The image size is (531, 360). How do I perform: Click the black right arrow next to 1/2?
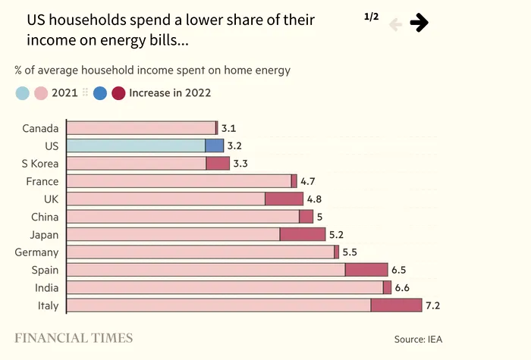(419, 23)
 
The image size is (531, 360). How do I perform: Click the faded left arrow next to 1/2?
(395, 24)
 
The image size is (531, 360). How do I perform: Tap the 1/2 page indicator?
(371, 17)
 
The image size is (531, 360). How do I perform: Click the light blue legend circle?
(23, 93)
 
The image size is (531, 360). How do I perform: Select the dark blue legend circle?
(100, 93)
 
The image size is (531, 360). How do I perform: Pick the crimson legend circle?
(118, 93)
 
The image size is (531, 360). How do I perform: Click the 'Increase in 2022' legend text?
(170, 93)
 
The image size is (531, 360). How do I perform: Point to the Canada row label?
(40, 128)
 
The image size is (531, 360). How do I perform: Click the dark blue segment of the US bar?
(214, 146)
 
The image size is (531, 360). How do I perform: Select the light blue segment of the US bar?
(136, 146)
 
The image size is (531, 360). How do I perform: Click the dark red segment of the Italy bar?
(396, 305)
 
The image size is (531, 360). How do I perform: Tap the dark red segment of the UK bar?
(284, 199)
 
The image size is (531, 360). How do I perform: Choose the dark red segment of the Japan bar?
(303, 234)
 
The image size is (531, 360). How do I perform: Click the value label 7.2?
(433, 305)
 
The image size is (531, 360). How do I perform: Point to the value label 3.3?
(240, 163)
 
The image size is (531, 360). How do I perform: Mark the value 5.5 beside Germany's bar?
(350, 252)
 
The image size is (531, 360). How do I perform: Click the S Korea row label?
(40, 163)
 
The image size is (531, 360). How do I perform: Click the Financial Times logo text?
(74, 338)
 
